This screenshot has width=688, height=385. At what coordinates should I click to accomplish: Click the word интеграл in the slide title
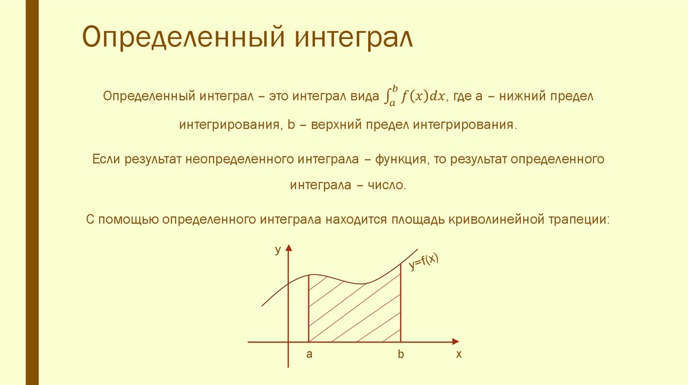pos(351,38)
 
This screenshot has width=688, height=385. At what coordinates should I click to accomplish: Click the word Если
pos(105,160)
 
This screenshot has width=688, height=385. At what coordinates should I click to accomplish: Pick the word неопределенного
pos(236,160)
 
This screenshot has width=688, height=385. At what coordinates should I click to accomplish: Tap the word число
pos(387,185)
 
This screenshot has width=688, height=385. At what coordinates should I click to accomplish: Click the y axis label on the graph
pos(277,250)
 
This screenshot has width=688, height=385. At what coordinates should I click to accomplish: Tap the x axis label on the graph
pos(459,354)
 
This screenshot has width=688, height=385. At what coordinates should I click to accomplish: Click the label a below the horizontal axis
pos(309,354)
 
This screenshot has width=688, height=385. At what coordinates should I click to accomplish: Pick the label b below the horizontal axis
pos(400,354)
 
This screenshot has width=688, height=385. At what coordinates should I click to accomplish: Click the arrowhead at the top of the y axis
pos(288,249)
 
